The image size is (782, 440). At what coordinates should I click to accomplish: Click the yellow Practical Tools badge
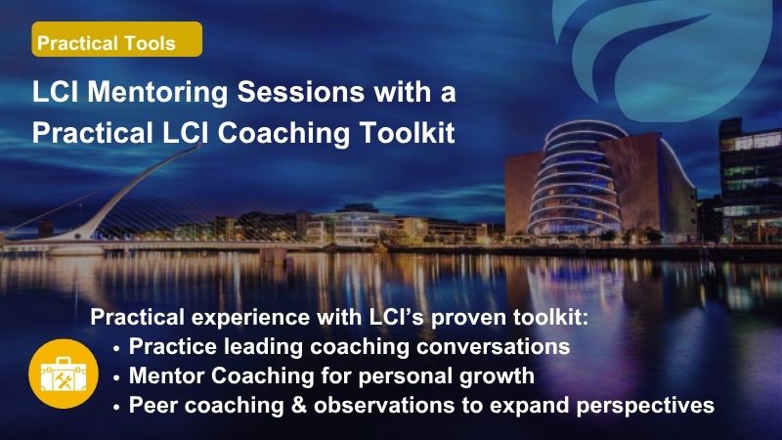117,39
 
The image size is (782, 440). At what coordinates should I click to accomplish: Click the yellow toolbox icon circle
64,374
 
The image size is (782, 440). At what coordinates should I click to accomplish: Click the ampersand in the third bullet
298,405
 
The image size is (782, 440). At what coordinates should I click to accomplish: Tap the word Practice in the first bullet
173,346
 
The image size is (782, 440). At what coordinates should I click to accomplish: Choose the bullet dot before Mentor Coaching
116,377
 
